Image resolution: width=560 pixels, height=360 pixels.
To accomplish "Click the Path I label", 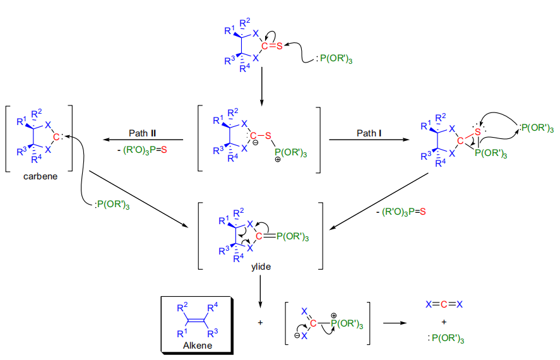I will (366, 133).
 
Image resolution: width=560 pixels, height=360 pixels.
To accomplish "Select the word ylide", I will (260, 268).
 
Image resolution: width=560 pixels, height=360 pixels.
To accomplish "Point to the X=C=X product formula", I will (444, 304).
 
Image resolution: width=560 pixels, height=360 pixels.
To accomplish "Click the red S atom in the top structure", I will (279, 45).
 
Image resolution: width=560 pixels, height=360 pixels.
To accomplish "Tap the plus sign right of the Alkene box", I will (260, 322).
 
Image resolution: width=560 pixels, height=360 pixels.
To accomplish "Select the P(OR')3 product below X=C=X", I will (444, 340).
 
